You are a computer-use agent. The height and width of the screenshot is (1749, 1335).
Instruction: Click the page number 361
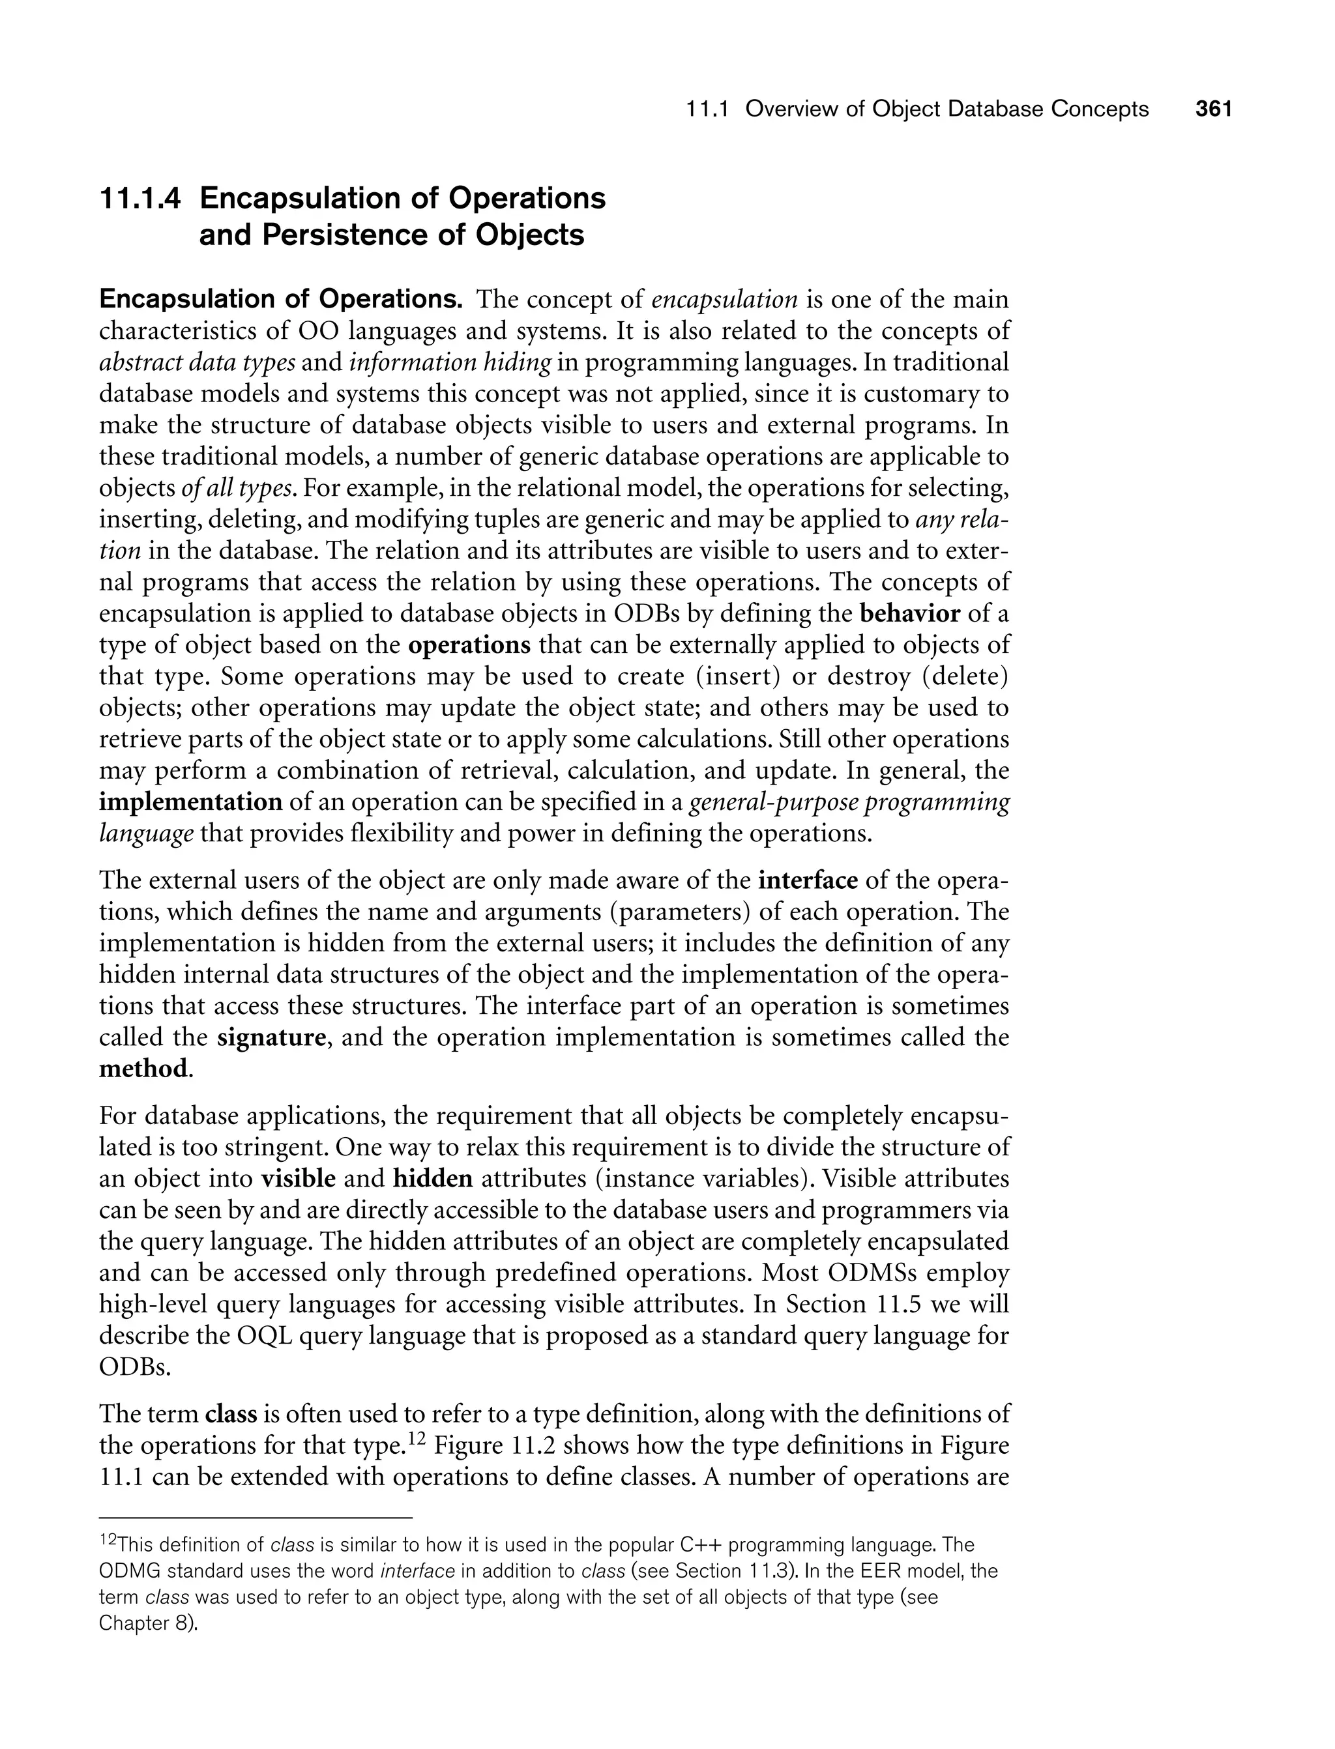pos(1213,109)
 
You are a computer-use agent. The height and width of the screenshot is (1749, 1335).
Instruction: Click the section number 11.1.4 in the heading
pos(139,198)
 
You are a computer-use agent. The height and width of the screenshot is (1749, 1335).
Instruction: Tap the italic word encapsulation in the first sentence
pos(724,300)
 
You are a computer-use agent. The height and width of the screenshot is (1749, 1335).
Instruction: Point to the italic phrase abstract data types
pos(197,362)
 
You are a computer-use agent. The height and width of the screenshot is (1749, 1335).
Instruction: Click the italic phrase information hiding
pos(450,362)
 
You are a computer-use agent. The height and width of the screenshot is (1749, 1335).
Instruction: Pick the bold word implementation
pos(191,802)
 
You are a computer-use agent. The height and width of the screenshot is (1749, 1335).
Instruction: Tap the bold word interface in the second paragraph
pos(808,881)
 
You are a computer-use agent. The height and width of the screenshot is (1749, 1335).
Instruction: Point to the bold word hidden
pos(433,1179)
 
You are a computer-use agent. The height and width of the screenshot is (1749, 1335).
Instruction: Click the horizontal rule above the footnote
pos(256,1518)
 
